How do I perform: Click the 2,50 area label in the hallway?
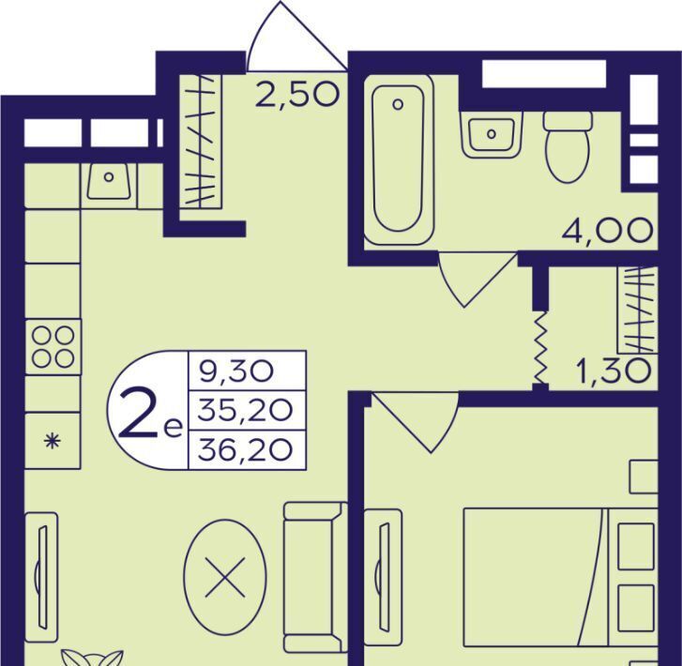click(296, 96)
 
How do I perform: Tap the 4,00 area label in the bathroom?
click(607, 231)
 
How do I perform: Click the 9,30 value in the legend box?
click(236, 372)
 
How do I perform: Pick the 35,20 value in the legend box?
click(245, 410)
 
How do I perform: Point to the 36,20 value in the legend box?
click(245, 450)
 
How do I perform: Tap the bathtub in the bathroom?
click(399, 159)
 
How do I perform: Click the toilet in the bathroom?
click(568, 147)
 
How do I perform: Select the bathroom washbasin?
click(492, 134)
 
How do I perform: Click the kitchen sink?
click(109, 181)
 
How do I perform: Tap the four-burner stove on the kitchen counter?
click(53, 347)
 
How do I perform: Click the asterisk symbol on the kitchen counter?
click(53, 442)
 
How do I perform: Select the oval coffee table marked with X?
click(225, 577)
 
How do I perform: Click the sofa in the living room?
click(315, 577)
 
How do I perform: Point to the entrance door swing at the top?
click(297, 37)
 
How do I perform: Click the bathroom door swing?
click(477, 280)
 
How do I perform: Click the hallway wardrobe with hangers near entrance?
click(200, 141)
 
